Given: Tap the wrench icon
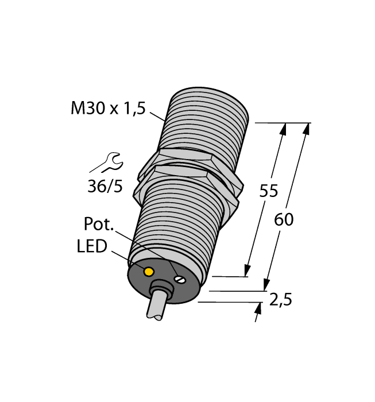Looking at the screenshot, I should pos(106,163).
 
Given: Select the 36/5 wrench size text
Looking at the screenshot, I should pos(105,187).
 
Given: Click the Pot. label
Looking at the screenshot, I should pos(98,223).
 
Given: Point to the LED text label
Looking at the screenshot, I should pos(92,246).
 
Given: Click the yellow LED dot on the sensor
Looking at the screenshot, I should pos(149,271).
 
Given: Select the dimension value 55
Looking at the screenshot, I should pos(268,191).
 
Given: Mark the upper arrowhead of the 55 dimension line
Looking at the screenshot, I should pos(283,129).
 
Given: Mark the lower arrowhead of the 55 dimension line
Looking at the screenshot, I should pos(248,270).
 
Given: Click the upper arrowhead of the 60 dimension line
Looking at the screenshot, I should pos(307,129).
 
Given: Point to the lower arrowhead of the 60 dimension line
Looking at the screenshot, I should pos(266,285).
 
